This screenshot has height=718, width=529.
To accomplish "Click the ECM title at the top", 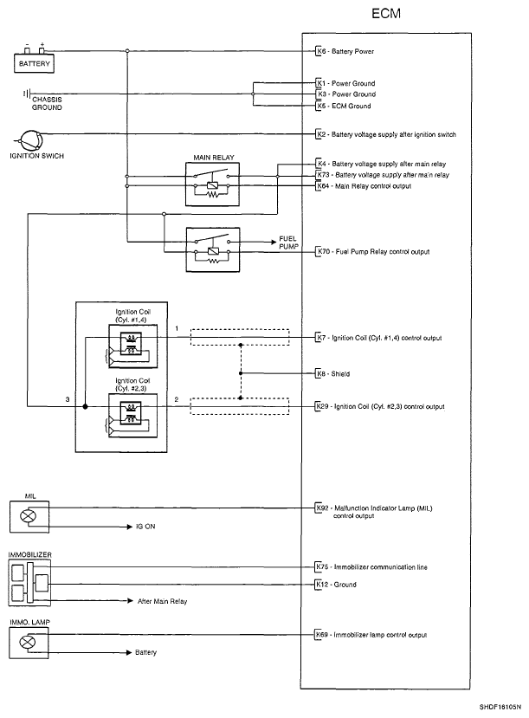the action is click(386, 13).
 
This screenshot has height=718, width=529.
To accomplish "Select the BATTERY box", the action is click(35, 63).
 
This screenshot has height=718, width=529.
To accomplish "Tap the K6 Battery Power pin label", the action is click(345, 51).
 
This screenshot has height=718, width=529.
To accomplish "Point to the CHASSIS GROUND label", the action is click(47, 103).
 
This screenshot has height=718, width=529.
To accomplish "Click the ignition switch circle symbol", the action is click(31, 140).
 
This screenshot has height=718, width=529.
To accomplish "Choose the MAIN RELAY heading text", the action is click(213, 158).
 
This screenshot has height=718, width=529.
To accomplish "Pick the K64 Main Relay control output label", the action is click(364, 186).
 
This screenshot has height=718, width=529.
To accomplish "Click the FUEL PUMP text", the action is click(288, 243).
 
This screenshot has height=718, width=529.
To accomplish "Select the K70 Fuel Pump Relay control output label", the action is click(373, 251).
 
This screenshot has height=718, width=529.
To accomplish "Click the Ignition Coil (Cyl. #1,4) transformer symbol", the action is click(131, 344).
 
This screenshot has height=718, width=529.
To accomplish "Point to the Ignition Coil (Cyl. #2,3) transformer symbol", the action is click(131, 413).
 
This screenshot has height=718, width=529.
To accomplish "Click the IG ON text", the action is click(145, 527).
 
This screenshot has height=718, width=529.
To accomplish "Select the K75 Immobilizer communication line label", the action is click(371, 567).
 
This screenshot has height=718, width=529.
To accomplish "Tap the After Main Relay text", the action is click(163, 601).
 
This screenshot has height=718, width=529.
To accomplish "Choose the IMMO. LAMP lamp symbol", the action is click(28, 642).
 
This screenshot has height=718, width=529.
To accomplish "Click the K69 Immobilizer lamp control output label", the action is click(371, 635).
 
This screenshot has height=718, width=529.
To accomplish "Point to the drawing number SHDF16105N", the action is click(500, 707).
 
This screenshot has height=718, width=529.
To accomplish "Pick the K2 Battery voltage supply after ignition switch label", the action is click(386, 134).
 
